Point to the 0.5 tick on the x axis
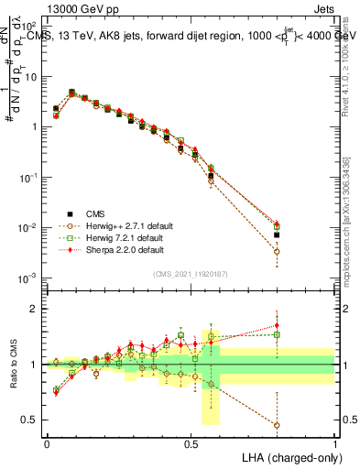[x=191, y=442]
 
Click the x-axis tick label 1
[x=335, y=442]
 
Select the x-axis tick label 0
[x=47, y=442]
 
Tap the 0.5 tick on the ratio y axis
[x=30, y=420]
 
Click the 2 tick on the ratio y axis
[x=35, y=309]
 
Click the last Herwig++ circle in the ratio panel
[x=277, y=425]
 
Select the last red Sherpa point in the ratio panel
[x=277, y=324]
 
